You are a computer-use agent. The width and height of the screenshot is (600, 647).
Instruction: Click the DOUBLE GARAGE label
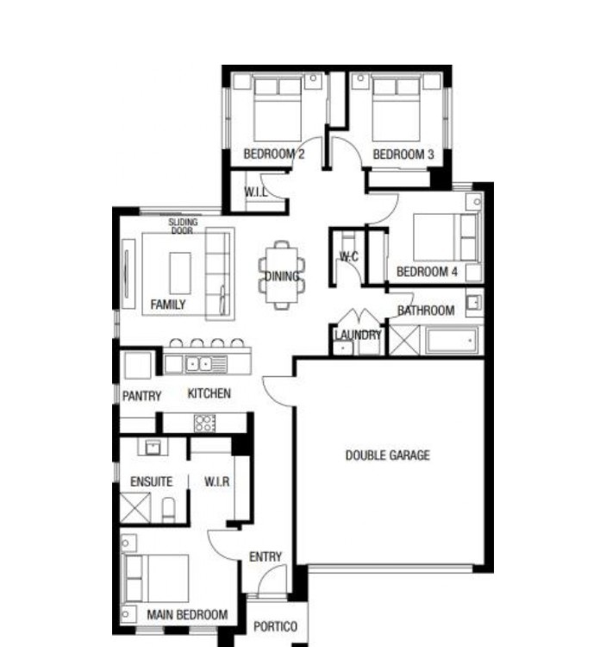[x=388, y=455]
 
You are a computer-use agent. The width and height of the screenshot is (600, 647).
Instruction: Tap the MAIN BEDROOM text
[x=187, y=615]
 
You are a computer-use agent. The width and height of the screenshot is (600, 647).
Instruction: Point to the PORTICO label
[x=275, y=627]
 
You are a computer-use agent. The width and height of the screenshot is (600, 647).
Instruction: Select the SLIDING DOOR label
[x=183, y=226]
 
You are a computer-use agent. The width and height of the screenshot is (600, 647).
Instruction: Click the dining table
[x=282, y=275]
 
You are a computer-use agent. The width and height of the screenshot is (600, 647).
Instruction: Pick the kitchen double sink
[x=200, y=364]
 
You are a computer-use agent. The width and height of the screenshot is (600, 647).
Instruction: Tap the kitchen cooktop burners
[x=204, y=424]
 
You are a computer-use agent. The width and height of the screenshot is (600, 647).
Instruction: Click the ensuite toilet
[x=168, y=510]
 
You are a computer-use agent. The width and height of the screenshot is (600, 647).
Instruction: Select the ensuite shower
[x=135, y=508]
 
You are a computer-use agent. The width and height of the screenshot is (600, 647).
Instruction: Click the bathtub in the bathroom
[x=452, y=341]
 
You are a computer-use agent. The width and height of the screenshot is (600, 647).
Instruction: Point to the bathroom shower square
[x=404, y=340]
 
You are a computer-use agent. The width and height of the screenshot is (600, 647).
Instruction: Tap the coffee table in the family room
[x=180, y=273]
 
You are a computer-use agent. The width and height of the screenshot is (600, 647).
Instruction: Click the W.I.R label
[x=217, y=481]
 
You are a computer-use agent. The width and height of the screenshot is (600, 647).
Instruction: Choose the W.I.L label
[x=256, y=192]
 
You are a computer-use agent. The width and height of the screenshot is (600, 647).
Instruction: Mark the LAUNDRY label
[x=358, y=335]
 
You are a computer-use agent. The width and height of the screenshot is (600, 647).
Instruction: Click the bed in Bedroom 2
[x=278, y=109]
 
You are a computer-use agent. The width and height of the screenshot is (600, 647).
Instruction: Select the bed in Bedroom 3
[x=396, y=109]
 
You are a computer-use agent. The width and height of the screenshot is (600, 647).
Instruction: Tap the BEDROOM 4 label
[x=427, y=272]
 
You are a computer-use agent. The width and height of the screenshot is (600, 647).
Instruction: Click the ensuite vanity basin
[x=153, y=447]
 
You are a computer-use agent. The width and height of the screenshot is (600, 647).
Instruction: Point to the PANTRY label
[x=142, y=396]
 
